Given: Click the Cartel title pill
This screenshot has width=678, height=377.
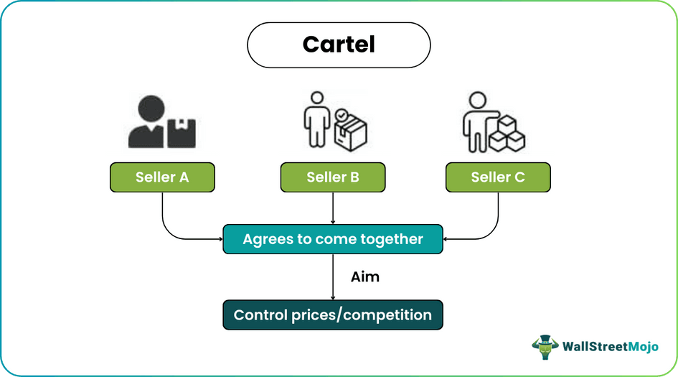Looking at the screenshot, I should (339, 45).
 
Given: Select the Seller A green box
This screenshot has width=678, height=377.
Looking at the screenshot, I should (162, 177).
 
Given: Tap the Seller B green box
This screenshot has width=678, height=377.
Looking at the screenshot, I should (332, 177).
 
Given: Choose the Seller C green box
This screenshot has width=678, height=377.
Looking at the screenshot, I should (498, 177).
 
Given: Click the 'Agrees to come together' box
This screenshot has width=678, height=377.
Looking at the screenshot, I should (332, 239).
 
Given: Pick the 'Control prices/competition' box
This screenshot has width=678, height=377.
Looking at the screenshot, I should (332, 315).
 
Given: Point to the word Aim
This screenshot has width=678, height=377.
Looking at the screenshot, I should (364, 276).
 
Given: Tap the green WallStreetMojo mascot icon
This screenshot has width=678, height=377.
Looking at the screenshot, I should (545, 346).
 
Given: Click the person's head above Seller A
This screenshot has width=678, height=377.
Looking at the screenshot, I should (148, 106).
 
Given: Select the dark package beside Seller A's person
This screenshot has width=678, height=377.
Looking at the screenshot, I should (182, 133).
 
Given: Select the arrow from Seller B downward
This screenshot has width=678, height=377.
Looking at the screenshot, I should (332, 208).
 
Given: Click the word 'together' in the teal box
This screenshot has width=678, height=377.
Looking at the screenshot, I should (393, 239).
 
